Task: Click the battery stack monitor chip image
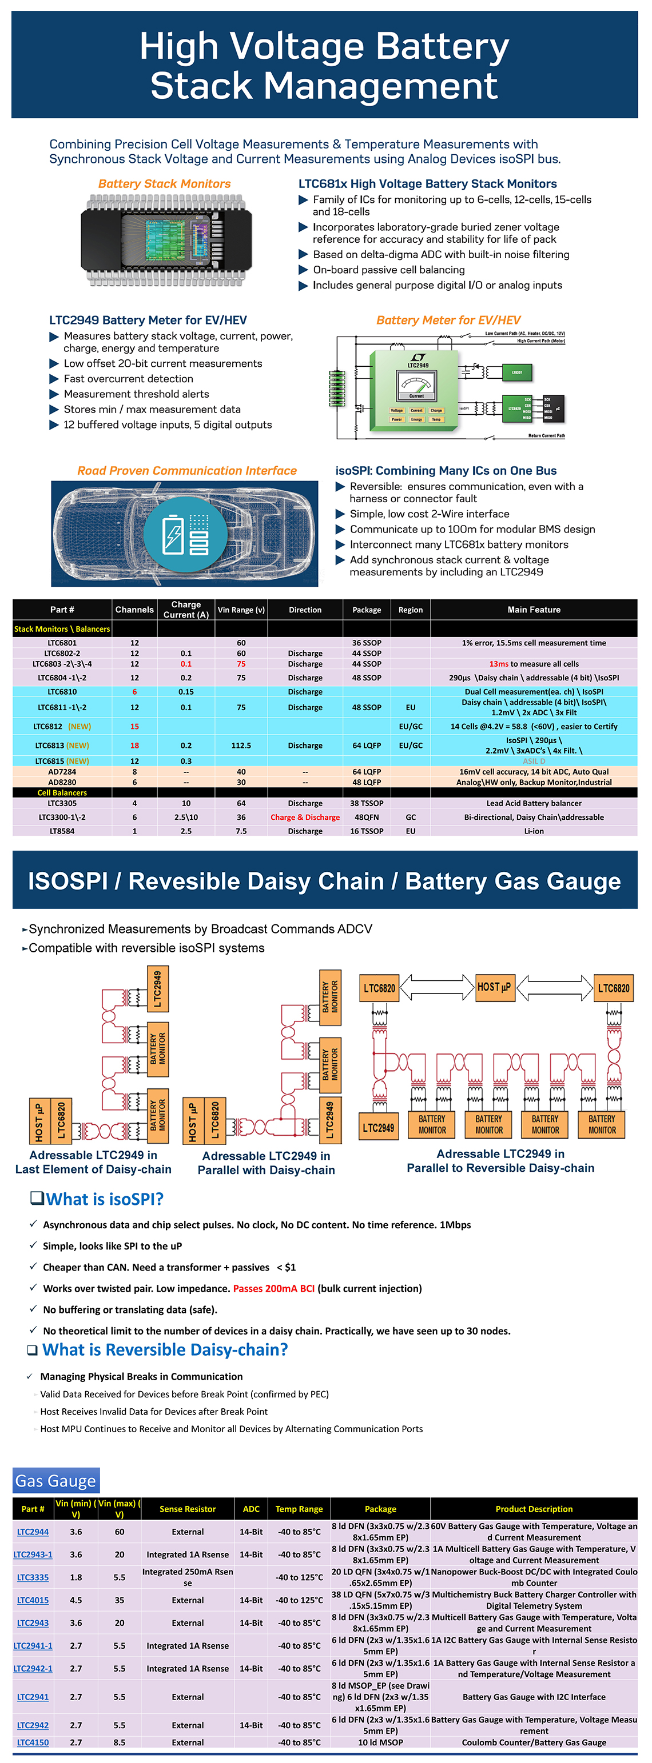[x=166, y=240]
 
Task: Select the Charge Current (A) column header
[x=186, y=610]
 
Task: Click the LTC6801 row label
[x=62, y=643]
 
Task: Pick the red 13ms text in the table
[x=499, y=664]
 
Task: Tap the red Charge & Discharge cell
[x=305, y=817]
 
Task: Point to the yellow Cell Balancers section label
[x=62, y=792]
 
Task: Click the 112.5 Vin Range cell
[x=241, y=746]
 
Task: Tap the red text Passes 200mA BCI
[x=273, y=1288]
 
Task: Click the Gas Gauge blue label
[x=55, y=1481]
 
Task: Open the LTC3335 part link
[x=33, y=1577]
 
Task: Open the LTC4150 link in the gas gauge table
[x=33, y=1742]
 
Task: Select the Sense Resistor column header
[x=188, y=1508]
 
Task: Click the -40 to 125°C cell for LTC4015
[x=299, y=1600]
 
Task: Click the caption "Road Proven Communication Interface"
[x=187, y=470]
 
